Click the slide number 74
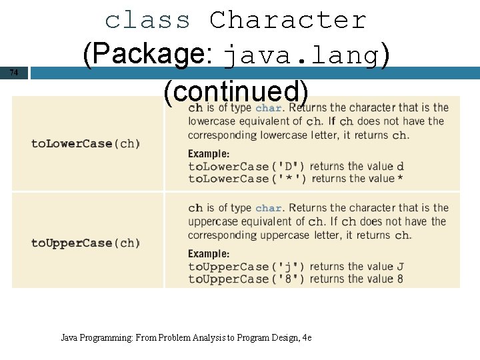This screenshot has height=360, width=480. (x=14, y=73)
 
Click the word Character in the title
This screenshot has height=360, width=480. (x=288, y=20)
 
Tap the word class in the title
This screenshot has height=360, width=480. (x=147, y=20)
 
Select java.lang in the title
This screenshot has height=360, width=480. (x=302, y=55)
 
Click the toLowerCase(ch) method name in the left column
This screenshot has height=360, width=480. (x=86, y=143)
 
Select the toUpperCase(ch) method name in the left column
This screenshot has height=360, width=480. (x=86, y=243)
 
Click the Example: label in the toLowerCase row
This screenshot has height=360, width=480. (x=209, y=154)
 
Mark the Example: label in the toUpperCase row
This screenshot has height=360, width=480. (x=209, y=254)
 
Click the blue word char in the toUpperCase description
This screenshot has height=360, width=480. (x=269, y=209)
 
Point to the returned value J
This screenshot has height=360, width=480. (x=400, y=267)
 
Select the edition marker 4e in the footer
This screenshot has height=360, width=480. (x=307, y=338)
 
